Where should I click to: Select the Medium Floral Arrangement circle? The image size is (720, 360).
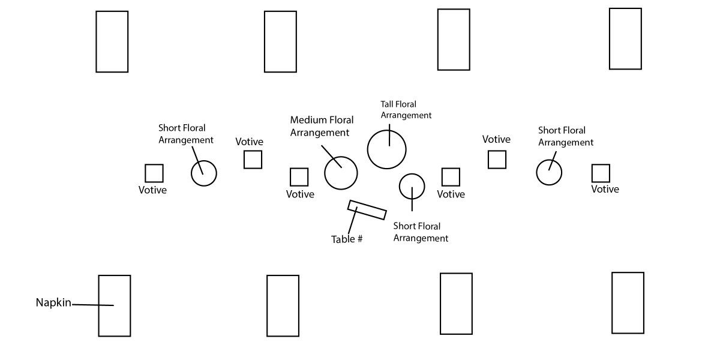click(x=341, y=173)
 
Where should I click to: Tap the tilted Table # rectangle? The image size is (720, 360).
click(x=367, y=210)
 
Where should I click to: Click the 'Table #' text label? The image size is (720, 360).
click(x=347, y=239)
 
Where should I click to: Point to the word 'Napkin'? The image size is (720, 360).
click(x=53, y=303)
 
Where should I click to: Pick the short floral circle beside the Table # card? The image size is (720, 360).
click(x=412, y=186)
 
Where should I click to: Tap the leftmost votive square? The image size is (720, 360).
click(x=154, y=173)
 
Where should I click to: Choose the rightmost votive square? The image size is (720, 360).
click(x=601, y=173)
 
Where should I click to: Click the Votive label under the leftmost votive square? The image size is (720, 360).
click(x=152, y=190)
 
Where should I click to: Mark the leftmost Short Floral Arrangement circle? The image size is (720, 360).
click(x=203, y=173)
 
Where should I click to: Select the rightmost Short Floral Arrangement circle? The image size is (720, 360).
click(x=549, y=173)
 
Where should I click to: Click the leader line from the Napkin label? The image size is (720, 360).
click(x=93, y=305)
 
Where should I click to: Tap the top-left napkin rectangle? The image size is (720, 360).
click(x=112, y=41)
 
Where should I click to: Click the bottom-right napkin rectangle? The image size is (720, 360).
click(x=628, y=302)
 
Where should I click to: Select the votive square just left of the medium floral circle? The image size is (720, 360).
click(x=299, y=177)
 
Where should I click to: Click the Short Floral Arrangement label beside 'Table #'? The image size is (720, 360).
click(x=420, y=232)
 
